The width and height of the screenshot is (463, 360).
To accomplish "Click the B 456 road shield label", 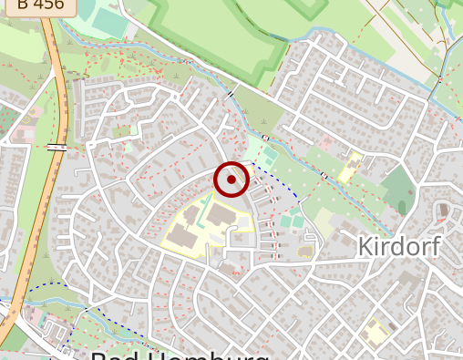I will pos(40,5).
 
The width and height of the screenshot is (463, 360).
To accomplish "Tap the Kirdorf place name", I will pos(399,246).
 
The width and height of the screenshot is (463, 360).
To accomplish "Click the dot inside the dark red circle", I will pos(231,180).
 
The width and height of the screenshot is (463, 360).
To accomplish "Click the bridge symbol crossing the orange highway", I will pos(57,147).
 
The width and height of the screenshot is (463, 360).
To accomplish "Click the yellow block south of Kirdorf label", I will pos(375,330).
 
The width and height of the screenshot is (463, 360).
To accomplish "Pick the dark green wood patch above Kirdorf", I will pos(397,188).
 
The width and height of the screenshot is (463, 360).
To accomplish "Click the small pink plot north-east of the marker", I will pos(325,143).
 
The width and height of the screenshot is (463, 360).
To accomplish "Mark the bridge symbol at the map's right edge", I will pos(439,79).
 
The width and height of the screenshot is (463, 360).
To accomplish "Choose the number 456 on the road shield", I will pos(50,5).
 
